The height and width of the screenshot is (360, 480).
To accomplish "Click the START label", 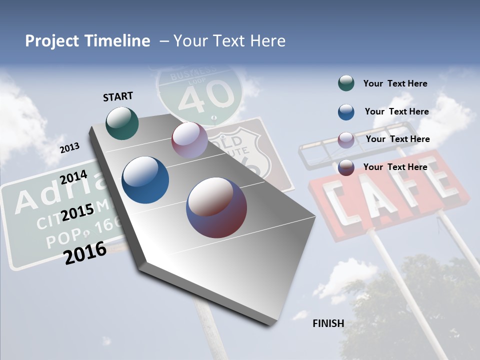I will [118, 96].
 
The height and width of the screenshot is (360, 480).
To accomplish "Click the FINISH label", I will [328, 323].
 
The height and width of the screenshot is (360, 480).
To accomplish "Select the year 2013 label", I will [69, 147].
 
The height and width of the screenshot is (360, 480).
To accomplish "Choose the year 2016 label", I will [85, 252].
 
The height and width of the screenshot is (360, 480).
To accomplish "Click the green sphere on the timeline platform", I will [122, 122].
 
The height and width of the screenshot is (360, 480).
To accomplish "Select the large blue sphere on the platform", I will [145, 180].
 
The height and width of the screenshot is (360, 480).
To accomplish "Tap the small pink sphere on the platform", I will [189, 140].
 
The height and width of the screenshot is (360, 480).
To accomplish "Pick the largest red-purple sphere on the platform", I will [216, 207].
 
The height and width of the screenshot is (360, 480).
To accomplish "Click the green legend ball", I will [346, 83].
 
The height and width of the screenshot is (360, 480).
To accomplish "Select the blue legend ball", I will [346, 111].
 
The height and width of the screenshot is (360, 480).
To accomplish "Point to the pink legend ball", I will [346, 139].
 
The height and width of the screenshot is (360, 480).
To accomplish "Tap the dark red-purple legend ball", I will [346, 167].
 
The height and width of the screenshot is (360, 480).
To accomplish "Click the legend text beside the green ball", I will [395, 83].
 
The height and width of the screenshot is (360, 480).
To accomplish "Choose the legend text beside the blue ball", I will [396, 111].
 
